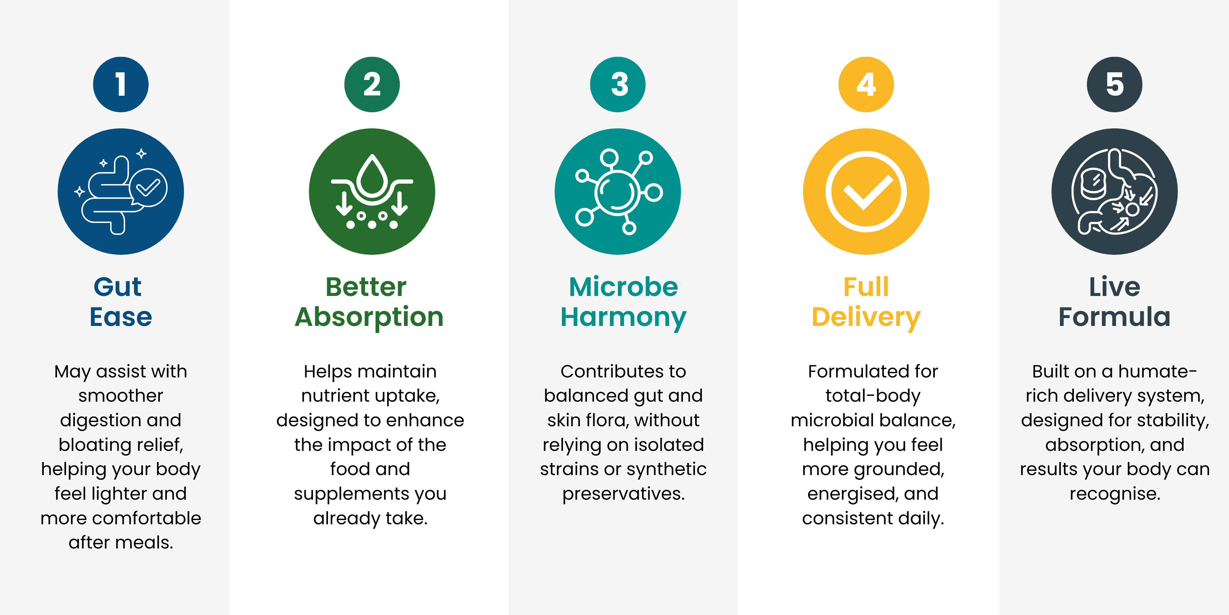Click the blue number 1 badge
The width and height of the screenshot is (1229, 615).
121,85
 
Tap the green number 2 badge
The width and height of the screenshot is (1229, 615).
372,85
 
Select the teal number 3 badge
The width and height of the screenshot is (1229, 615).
618,85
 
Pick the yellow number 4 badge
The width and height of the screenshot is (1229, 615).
866,85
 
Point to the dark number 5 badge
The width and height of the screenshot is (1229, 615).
1115,85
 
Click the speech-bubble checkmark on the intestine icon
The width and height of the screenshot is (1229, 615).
148,188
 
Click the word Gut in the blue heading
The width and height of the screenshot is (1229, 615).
118,287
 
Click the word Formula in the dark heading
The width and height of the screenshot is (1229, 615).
1115,317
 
